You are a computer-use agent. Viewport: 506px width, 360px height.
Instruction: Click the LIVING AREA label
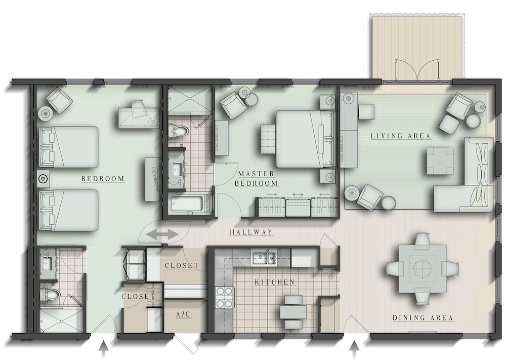click(x=400, y=136)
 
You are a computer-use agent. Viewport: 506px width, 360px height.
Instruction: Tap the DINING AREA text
click(x=423, y=318)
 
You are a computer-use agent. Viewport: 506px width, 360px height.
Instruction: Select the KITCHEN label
click(x=275, y=282)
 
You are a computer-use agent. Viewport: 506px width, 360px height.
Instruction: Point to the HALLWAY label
click(x=251, y=232)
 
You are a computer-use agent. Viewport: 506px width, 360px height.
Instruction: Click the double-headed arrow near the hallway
click(x=162, y=235)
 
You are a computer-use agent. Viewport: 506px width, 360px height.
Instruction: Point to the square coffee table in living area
click(x=439, y=161)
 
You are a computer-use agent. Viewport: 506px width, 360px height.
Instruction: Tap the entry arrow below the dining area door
click(x=354, y=350)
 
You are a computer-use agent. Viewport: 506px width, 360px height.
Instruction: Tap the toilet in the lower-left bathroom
click(x=51, y=295)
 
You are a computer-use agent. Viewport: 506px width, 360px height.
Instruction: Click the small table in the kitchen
click(x=293, y=312)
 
